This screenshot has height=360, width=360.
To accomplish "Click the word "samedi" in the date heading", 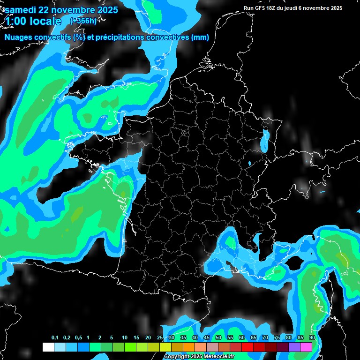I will [21, 10].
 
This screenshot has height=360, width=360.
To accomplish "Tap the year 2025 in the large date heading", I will [106, 10].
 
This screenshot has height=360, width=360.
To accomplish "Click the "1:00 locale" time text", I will [33, 21].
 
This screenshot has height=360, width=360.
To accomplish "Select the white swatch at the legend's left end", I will [48, 347].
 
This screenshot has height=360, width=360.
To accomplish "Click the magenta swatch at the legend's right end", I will [306, 347].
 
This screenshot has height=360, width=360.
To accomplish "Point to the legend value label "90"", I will [312, 338].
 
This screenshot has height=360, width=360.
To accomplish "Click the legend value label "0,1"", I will [54, 338].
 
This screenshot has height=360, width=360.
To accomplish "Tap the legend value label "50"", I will [218, 338].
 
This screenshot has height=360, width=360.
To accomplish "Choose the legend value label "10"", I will [124, 338].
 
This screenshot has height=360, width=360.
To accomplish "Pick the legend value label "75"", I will [277, 338].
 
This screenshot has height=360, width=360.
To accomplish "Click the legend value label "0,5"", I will [78, 338].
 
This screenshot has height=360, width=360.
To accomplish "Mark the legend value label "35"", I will [183, 338].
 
